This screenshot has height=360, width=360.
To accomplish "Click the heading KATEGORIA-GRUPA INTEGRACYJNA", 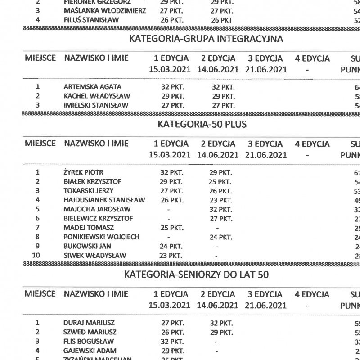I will pos(206,39).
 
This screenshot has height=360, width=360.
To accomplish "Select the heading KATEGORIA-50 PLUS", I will pos(202,125).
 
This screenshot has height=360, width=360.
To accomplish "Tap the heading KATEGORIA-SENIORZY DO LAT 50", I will pos(196,274).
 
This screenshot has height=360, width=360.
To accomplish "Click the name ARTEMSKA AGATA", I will pos(92,86).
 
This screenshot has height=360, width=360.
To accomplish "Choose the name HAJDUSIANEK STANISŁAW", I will pos(104,200).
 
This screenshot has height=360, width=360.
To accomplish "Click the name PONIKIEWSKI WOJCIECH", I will pos(102,237).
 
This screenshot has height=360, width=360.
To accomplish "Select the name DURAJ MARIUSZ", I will pos(89,323).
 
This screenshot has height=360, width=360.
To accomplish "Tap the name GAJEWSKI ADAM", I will pos(90,351).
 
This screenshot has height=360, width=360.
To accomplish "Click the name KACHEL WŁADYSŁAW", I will pos(96,96).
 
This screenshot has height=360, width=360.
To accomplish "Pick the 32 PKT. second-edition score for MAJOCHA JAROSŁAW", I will pos(221,209).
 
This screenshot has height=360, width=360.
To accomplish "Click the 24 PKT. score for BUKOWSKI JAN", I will pos(171,246).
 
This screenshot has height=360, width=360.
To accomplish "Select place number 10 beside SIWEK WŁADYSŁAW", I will pos(38,256).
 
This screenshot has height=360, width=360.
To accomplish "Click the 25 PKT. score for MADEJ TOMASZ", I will pos(171,228).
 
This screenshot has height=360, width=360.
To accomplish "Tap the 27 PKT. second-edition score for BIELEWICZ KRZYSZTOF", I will pos(221,218).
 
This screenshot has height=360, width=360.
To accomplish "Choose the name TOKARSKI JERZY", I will pos(89,190).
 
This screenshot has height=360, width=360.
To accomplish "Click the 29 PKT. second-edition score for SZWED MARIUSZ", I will pos(222,332).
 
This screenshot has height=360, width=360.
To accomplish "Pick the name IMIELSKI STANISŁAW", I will pos(96,105).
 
